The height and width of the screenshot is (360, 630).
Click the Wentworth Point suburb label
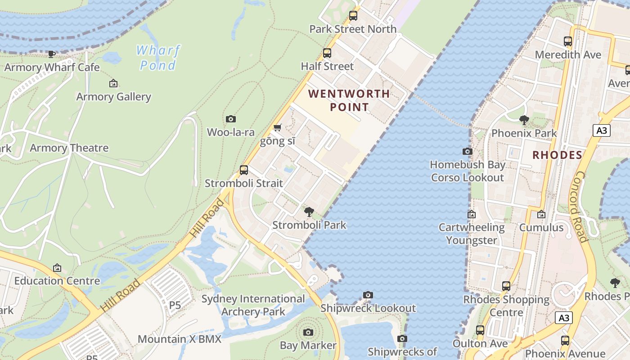[x=349, y=100]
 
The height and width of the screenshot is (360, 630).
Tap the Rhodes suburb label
[x=557, y=155]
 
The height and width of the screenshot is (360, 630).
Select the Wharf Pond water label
[x=158, y=58]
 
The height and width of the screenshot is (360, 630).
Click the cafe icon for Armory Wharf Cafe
[x=52, y=54]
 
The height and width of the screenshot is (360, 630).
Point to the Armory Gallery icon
[x=113, y=83]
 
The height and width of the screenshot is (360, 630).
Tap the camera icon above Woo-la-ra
[x=231, y=119]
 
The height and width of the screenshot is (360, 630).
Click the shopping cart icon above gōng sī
[x=278, y=128]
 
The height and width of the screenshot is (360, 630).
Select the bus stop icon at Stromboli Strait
[x=244, y=170]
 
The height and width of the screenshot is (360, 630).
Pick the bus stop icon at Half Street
[x=327, y=53]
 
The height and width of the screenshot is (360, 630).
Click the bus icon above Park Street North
[x=353, y=16]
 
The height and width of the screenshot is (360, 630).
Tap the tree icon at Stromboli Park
[x=309, y=211]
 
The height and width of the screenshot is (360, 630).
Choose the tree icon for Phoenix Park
[x=524, y=120]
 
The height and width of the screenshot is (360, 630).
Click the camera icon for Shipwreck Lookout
[x=368, y=295]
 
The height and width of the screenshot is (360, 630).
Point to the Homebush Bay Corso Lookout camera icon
[x=468, y=151]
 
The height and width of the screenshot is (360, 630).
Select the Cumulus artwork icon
[x=541, y=214]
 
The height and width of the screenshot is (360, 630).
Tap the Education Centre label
[x=57, y=281]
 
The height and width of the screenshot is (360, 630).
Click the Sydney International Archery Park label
[x=253, y=305]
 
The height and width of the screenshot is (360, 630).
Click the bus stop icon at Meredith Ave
[x=568, y=41]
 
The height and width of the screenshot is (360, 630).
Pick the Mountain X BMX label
[x=180, y=339]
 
